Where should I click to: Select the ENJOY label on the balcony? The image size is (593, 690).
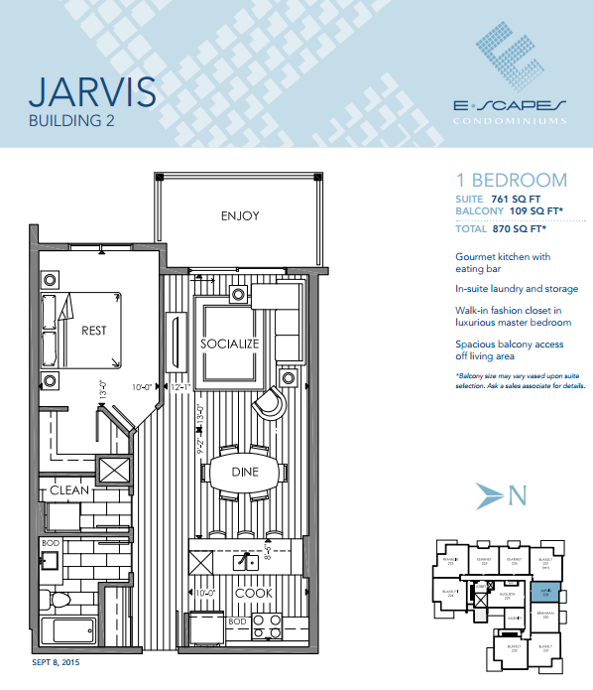[x=240, y=214]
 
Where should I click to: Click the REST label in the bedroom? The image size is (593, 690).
[x=93, y=331]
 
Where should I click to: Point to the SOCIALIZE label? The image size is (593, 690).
[x=229, y=344]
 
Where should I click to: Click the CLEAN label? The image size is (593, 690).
[x=70, y=489]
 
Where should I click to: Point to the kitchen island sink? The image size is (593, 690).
[x=240, y=562]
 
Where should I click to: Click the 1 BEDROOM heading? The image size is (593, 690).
[x=511, y=181]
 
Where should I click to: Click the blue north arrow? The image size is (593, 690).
[x=492, y=494]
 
